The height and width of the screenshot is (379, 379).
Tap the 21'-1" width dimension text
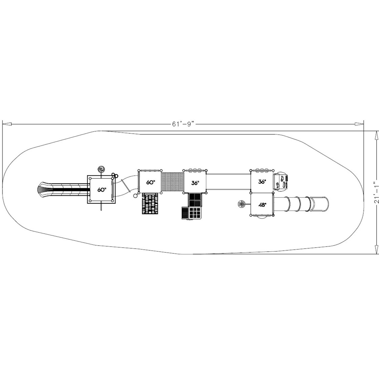click(x=376, y=193)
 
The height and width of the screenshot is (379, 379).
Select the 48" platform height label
click(x=262, y=205)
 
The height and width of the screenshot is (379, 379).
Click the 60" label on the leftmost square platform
click(x=101, y=189)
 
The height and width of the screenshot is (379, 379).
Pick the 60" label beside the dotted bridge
click(x=150, y=183)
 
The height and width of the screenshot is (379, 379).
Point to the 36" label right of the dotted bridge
click(x=195, y=183)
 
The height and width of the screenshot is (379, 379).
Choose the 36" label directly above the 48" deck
click(x=262, y=182)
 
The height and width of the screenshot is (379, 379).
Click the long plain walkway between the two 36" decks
click(x=228, y=182)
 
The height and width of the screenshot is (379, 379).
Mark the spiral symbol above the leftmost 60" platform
click(x=101, y=169)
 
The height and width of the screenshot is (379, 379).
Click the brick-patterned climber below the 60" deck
click(x=151, y=203)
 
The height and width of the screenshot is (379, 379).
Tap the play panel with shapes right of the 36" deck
click(x=281, y=181)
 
